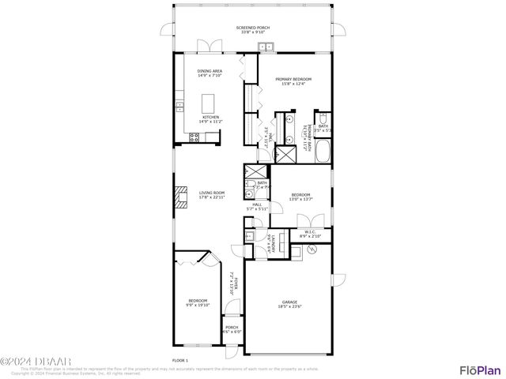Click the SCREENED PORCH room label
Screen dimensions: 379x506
tap(253, 28)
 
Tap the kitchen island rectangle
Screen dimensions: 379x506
tap(210, 103)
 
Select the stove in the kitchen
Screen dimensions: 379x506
tap(194, 137)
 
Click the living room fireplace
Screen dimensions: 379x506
tap(181, 197)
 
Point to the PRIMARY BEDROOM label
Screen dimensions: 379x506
tap(293, 79)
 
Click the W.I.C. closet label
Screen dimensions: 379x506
tap(309, 231)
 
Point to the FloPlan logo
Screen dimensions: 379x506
tap(480, 370)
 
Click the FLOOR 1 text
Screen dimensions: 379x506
tap(180, 359)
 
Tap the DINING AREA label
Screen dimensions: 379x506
tap(210, 71)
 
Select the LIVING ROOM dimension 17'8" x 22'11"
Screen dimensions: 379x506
tap(212, 197)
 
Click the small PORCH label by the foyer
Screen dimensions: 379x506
tap(232, 327)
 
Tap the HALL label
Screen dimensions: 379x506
tap(257, 205)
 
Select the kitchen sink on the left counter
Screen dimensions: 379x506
tap(180, 105)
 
